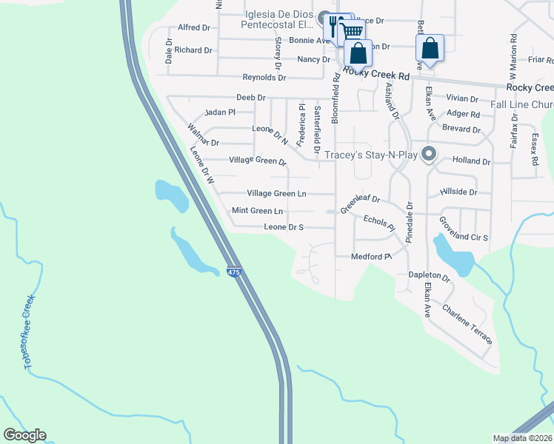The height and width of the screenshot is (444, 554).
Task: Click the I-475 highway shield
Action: [234, 272]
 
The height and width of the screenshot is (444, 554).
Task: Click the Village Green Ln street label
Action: [276, 193]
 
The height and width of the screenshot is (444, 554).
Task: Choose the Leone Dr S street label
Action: [284, 227]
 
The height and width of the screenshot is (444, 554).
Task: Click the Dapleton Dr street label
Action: [430, 275]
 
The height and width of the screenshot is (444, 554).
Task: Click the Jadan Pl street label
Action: [219, 112]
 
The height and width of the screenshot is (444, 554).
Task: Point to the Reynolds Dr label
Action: [264, 78]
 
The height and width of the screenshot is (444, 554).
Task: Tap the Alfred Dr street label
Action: [194, 27]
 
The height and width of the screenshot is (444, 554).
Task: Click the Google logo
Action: [24, 435]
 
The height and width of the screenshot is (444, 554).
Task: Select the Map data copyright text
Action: [521, 438]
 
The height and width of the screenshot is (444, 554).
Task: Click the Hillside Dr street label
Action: [458, 192]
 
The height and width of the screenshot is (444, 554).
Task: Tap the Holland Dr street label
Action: [472, 161]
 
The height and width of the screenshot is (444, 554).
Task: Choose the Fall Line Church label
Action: [522, 105]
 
